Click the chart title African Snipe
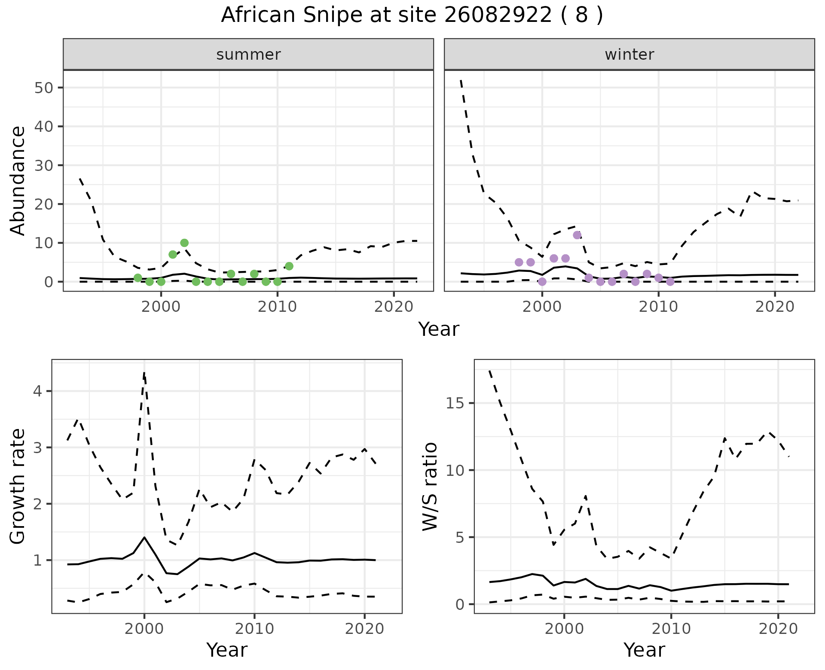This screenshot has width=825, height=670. (412, 15)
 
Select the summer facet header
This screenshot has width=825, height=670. (248, 55)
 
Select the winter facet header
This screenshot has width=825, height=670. (629, 55)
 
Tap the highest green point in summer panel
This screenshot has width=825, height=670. (184, 243)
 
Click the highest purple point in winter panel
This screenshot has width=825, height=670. (577, 235)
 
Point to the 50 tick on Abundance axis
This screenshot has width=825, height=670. (43, 88)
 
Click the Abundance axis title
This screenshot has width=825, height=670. (18, 180)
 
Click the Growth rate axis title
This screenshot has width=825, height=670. (18, 487)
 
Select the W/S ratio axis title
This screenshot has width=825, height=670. (430, 487)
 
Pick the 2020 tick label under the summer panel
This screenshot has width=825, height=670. (394, 307)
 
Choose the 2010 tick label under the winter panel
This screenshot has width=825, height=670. (658, 307)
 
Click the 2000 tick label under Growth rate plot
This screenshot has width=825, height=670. (144, 629)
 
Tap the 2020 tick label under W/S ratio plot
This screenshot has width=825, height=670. (778, 629)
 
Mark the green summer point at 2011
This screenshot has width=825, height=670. (289, 266)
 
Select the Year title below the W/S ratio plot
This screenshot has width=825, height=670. (644, 650)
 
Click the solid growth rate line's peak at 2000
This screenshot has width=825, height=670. (144, 537)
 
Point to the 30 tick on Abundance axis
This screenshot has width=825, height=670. (43, 165)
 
